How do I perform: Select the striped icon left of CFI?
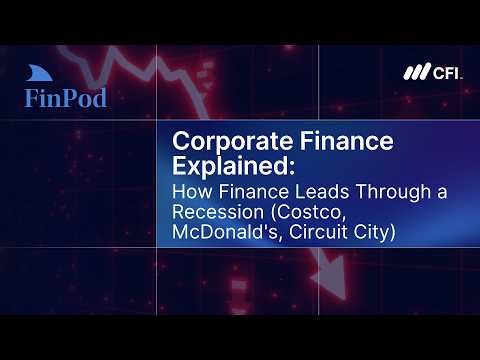(x=416, y=73)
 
